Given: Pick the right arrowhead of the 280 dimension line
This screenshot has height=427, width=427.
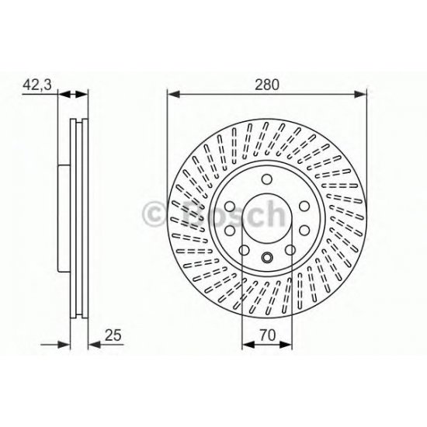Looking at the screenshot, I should click(x=361, y=95).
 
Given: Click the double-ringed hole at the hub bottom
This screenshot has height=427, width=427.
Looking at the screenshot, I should click(x=267, y=258).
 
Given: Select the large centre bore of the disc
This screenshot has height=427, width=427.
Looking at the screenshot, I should click(x=267, y=217).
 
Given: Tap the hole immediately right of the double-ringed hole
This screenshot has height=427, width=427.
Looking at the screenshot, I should click(x=289, y=250).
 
